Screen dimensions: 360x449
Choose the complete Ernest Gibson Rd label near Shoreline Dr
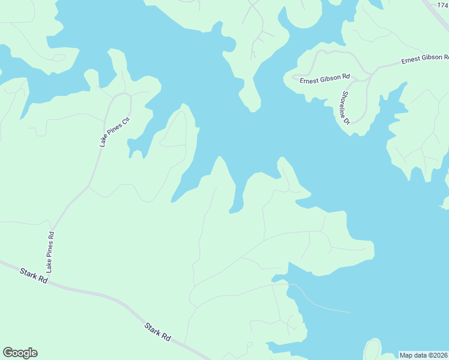coord(325,78)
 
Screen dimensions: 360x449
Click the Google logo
coord(20,353)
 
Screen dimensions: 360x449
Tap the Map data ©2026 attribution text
coord(424,355)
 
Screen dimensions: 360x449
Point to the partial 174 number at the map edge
coord(443,4)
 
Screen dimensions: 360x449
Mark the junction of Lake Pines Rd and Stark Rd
coord(47,278)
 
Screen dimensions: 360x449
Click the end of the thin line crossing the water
coord(349,312)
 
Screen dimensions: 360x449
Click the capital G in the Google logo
coord(8,353)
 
